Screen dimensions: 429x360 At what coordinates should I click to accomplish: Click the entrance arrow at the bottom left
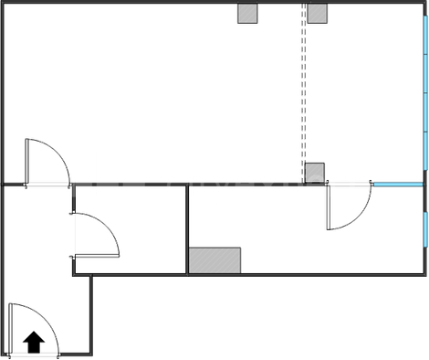34,341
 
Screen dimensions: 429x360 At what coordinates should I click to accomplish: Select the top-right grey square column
317,13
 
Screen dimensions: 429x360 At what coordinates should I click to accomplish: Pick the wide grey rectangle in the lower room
215,259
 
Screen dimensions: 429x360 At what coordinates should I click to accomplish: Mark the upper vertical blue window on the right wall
426,87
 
